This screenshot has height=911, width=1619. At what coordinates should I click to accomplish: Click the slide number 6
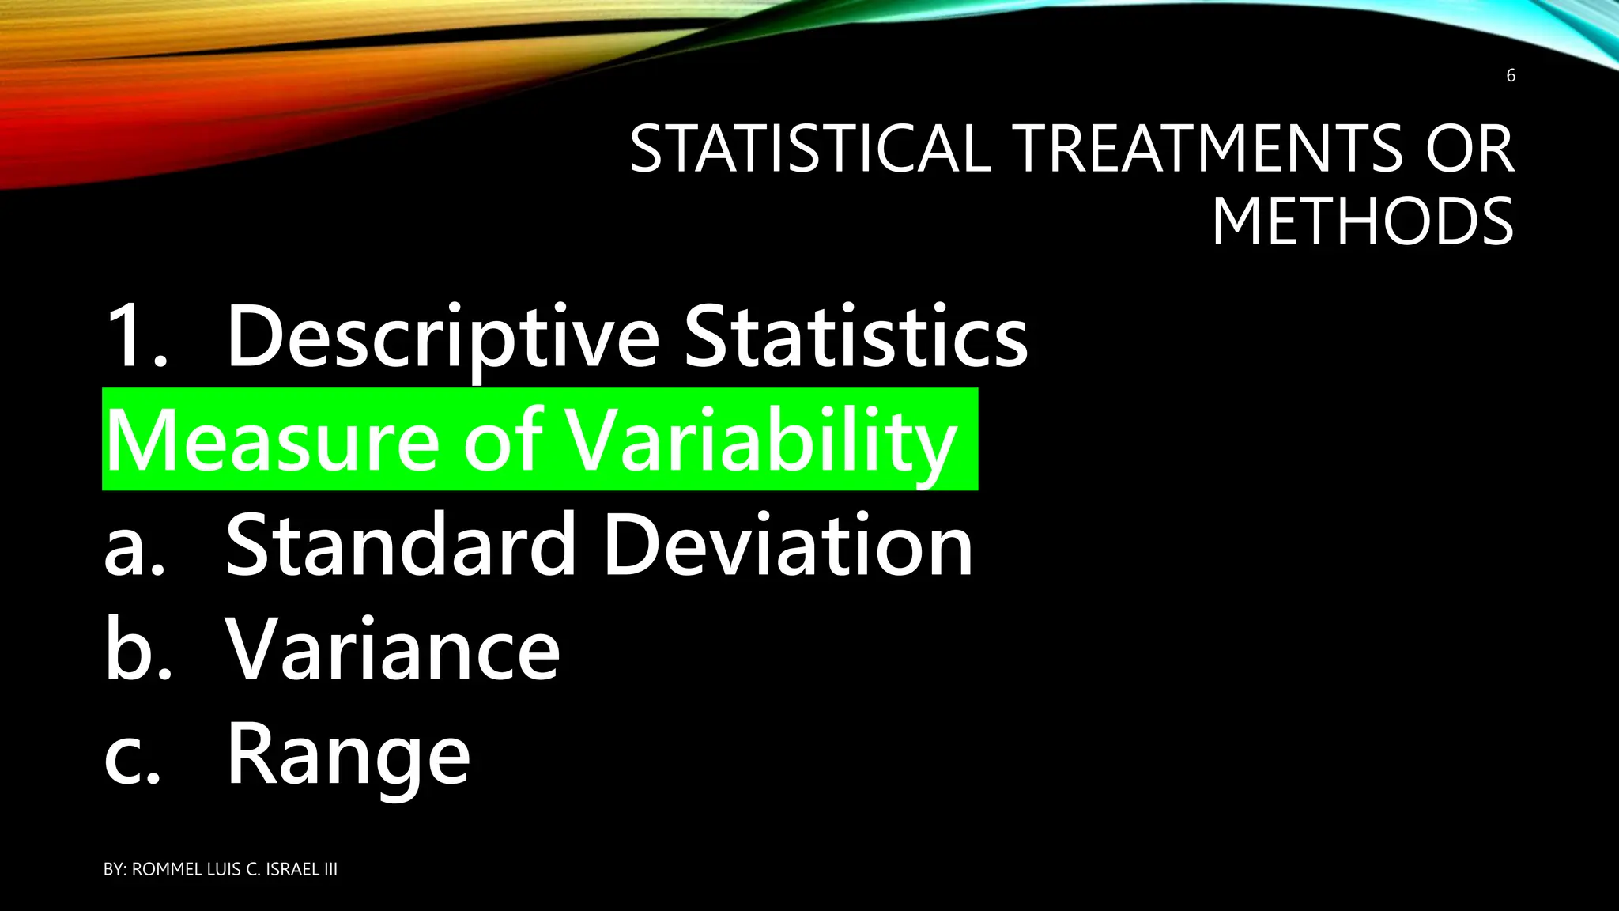tap(1510, 76)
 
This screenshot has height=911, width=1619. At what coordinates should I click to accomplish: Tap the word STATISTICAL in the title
tap(809, 149)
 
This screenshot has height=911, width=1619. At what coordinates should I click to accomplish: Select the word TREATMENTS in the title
tap(1209, 149)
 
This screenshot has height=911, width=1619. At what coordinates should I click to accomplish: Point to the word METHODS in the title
tap(1362, 221)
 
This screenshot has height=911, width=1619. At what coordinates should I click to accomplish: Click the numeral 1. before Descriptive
tap(135, 337)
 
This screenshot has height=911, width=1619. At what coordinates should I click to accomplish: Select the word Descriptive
tap(443, 338)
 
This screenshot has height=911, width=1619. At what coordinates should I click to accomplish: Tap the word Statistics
tap(855, 337)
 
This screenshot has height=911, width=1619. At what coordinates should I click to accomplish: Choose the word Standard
tap(402, 546)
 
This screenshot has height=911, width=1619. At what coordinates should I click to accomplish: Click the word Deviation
tap(788, 546)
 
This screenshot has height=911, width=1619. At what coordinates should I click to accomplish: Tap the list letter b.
tap(136, 650)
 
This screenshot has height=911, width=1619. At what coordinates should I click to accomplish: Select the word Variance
tap(393, 650)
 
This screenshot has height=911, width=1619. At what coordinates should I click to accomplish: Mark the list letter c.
tap(131, 755)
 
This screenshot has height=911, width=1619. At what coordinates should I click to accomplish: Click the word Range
tap(349, 756)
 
